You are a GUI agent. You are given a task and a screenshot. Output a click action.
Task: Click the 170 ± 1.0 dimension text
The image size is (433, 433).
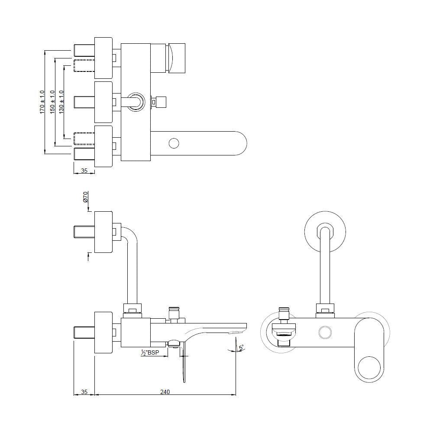coord(42,102)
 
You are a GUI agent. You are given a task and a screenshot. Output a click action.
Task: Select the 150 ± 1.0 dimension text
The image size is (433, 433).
coord(52,102)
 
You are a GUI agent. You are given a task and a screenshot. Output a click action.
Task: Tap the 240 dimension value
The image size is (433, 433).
coord(165,392)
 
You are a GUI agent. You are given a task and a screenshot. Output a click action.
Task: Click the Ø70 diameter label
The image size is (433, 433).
coord(85,197)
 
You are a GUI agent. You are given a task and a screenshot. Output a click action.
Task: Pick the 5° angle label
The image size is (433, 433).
coord(241,347)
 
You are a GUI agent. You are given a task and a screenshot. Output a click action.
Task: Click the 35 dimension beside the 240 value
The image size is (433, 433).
coord(84,392)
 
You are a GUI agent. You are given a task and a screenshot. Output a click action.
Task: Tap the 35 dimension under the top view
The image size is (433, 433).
coord(84,171)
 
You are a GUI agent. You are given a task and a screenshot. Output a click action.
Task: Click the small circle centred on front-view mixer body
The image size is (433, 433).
coord(324,333)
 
